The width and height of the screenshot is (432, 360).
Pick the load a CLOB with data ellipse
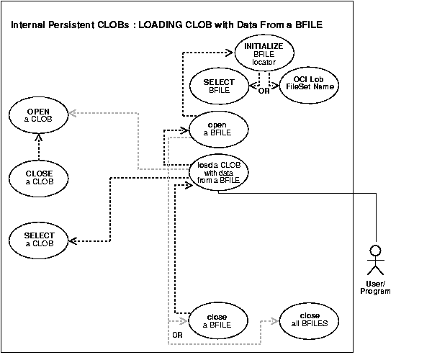tap(219, 173)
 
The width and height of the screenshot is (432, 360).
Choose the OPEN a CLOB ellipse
tap(38, 117)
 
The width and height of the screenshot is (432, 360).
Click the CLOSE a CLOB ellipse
tap(38, 178)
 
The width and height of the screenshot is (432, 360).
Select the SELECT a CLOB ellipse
tap(38, 239)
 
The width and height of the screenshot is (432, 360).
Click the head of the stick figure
tap(374, 252)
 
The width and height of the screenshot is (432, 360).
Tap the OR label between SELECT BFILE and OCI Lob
tap(264, 91)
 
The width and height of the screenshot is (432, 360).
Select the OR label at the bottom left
tap(176, 336)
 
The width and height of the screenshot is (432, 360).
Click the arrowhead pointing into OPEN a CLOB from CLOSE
tap(38, 140)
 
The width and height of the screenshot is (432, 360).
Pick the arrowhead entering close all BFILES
tap(277, 321)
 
